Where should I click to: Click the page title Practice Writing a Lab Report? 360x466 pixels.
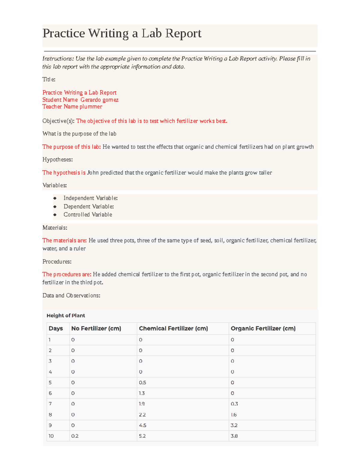(122, 33)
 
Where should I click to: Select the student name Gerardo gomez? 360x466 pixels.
(99, 100)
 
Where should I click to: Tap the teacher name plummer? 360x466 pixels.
(91, 107)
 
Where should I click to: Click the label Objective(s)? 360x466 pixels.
(58, 121)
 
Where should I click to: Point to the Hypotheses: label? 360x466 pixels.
(58, 159)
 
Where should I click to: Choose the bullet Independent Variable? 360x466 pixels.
(90, 198)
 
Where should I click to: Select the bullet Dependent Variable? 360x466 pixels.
(88, 206)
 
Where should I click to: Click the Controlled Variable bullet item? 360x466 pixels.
(88, 215)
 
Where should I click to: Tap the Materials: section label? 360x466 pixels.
(55, 228)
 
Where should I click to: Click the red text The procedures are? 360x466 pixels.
(67, 274)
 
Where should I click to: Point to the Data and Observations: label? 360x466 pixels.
(71, 296)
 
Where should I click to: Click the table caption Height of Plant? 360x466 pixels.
(66, 315)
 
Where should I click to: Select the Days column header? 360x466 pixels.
(56, 329)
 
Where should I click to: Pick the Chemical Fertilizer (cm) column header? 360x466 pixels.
(173, 329)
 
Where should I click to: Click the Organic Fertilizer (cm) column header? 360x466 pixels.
(263, 329)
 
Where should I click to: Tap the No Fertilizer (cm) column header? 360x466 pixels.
(96, 329)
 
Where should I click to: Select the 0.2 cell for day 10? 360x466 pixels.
(75, 436)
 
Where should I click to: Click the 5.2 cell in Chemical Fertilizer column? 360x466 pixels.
(142, 436)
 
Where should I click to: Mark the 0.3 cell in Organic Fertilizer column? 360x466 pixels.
(234, 404)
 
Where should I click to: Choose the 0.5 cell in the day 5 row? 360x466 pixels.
(142, 383)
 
